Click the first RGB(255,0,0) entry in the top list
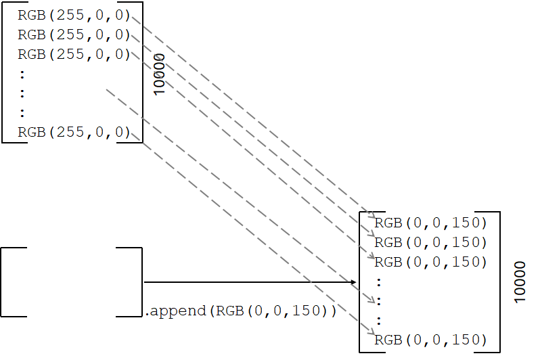[x=74, y=15]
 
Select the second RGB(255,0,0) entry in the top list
[x=74, y=35]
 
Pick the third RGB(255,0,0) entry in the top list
[x=74, y=54]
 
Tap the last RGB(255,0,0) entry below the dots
[x=74, y=132]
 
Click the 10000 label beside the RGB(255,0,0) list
[x=160, y=74]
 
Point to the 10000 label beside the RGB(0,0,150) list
[x=519, y=282]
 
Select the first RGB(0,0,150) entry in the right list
[x=430, y=223]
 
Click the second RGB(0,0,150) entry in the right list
[x=430, y=242]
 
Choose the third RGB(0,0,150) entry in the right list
[x=430, y=262]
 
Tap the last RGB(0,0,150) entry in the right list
[x=430, y=340]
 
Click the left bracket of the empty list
[x=4, y=282]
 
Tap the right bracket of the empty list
[x=139, y=282]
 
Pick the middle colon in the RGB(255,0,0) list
[x=22, y=93]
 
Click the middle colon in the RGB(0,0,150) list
[x=379, y=300]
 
